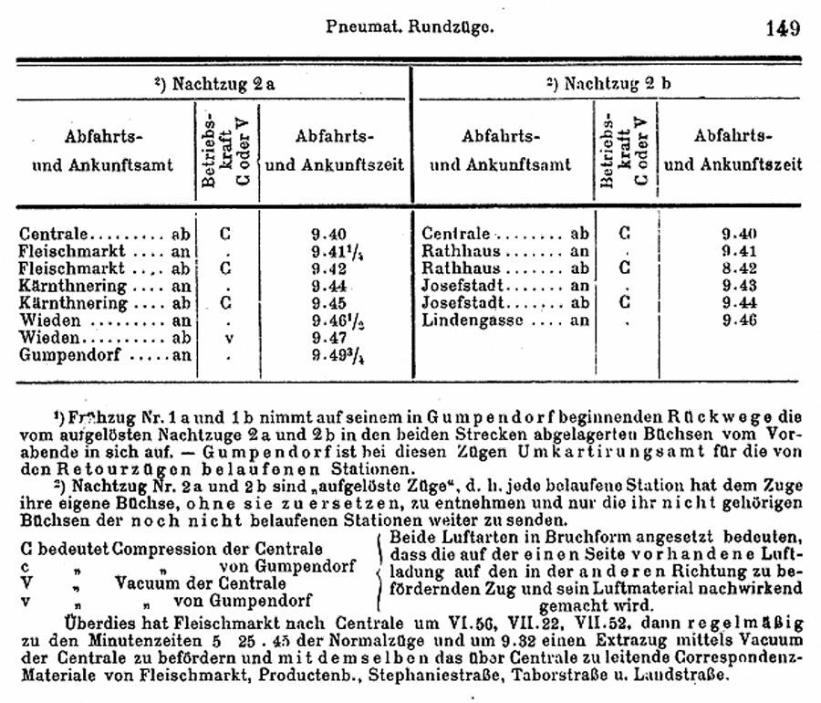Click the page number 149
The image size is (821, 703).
[x=783, y=27]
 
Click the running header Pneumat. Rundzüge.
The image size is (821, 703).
[x=410, y=27]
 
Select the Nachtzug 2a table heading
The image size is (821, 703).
[x=214, y=83]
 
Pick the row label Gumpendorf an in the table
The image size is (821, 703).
[x=105, y=354]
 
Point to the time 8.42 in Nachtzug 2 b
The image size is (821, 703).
[x=739, y=268]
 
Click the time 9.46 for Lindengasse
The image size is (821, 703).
[x=739, y=320]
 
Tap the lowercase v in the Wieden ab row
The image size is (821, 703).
[x=225, y=337]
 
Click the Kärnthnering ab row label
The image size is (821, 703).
[x=105, y=302]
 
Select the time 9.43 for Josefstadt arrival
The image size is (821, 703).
[x=739, y=285]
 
